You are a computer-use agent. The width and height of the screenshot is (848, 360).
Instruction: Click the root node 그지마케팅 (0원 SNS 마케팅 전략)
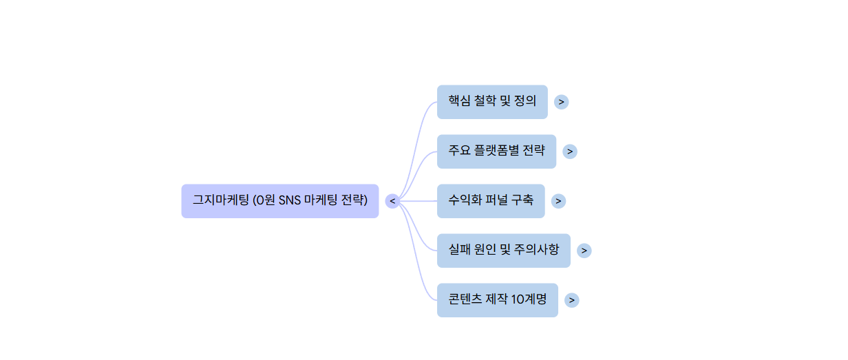coord(279,201)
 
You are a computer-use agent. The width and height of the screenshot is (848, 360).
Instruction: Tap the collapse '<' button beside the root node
coord(392,201)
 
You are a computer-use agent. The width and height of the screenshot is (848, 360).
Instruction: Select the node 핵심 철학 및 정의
coord(492,102)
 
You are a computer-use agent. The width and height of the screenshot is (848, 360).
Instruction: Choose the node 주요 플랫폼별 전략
coord(496,151)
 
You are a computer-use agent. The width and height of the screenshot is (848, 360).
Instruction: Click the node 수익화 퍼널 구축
coord(491,201)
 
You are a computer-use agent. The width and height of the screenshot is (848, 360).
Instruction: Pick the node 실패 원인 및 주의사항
coord(504,251)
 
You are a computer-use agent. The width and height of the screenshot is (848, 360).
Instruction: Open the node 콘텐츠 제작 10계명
coord(498,300)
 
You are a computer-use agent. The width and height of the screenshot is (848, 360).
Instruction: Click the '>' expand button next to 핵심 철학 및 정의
coord(562,102)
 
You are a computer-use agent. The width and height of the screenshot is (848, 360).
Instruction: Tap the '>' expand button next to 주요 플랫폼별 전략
coord(570,151)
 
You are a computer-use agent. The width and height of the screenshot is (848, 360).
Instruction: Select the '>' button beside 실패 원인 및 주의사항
coord(584,251)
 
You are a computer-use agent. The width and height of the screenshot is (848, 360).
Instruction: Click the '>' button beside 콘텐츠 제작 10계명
coord(571,300)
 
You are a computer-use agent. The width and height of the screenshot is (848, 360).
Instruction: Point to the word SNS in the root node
coord(290,200)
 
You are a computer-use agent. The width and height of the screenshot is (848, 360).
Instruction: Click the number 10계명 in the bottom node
coord(529,299)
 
